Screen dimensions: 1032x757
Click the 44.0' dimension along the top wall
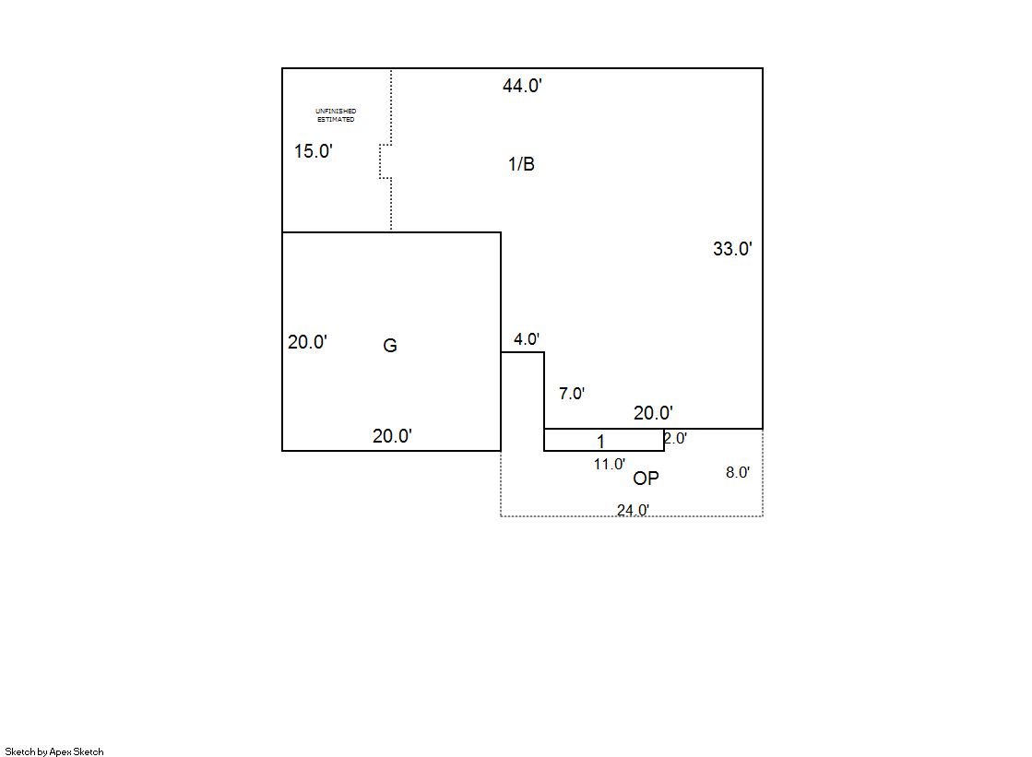(x=522, y=86)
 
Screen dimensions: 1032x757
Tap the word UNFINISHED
(x=336, y=112)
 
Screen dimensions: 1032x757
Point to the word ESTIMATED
(x=336, y=119)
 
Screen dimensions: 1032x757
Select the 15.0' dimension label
(x=314, y=150)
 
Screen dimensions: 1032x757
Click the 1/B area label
(x=521, y=164)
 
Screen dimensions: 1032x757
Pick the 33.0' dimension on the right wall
(x=732, y=249)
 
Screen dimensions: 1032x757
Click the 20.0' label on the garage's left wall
(x=307, y=342)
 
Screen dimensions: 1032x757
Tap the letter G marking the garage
(x=389, y=345)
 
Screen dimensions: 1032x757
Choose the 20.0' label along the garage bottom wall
(x=392, y=436)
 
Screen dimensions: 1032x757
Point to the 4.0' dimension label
(x=527, y=339)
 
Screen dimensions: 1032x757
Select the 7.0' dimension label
(x=572, y=393)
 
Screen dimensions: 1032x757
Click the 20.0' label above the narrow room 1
(x=653, y=413)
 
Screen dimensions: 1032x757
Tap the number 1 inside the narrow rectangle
(x=600, y=441)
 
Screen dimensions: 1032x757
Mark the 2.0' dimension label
(x=675, y=438)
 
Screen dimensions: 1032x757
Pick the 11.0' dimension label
(x=610, y=464)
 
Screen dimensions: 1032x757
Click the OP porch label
(x=646, y=478)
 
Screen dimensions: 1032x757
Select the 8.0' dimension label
(x=738, y=472)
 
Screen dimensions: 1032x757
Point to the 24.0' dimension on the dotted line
(x=634, y=510)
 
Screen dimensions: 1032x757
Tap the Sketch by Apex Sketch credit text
(x=54, y=751)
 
